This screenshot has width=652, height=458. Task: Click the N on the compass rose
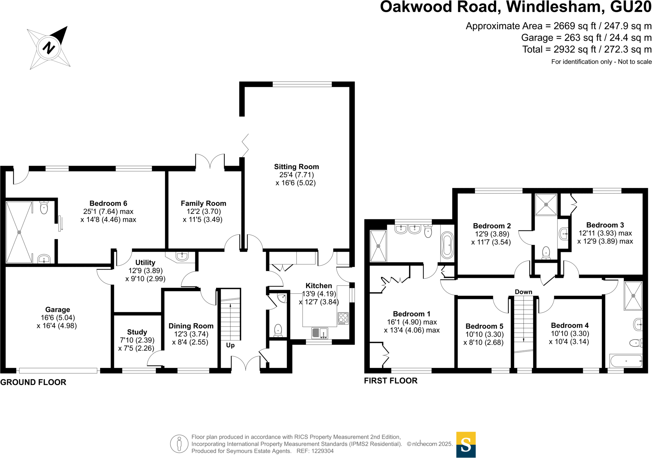(x=49, y=48)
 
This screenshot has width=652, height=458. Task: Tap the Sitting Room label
(x=296, y=167)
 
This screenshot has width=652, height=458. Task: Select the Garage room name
(x=58, y=310)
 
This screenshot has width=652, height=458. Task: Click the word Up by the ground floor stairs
(x=230, y=345)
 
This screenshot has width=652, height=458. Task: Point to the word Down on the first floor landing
(x=523, y=292)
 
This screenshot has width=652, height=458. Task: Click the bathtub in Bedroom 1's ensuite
(x=447, y=245)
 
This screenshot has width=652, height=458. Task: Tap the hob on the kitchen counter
(x=343, y=318)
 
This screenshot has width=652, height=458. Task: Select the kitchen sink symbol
(x=319, y=333)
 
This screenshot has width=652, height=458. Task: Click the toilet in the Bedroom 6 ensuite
(x=44, y=207)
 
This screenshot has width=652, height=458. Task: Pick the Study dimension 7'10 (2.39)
(x=137, y=340)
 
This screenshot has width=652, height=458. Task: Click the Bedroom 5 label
(x=484, y=326)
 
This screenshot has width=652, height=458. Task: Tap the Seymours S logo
(x=466, y=444)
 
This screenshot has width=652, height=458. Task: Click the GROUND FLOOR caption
(x=33, y=382)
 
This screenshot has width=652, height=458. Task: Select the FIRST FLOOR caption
(x=391, y=381)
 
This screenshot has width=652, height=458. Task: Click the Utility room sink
(x=182, y=256)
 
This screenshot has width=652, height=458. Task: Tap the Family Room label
(x=203, y=203)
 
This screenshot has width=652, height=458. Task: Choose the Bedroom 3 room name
(x=605, y=225)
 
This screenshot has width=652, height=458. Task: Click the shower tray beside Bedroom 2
(x=546, y=204)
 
